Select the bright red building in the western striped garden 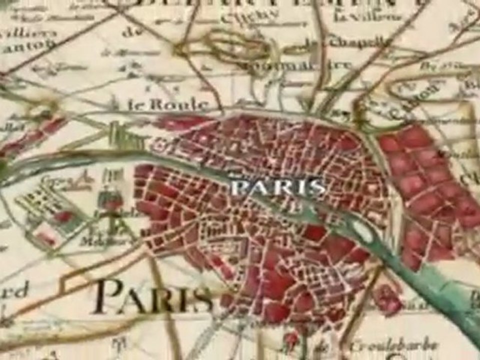pos(63,216)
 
